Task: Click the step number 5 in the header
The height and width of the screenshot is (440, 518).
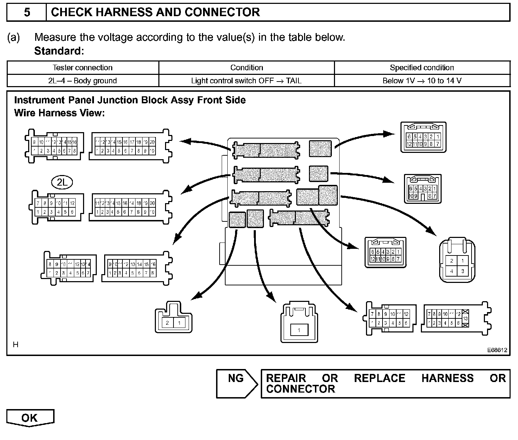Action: point(27,13)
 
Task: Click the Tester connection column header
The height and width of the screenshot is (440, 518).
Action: point(83,67)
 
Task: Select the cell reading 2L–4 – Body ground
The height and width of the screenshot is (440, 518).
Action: point(83,80)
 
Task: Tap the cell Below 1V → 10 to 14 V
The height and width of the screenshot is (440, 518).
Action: point(422,80)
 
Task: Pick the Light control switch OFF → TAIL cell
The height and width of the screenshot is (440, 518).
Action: point(246,80)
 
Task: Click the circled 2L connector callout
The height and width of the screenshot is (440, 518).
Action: point(62,182)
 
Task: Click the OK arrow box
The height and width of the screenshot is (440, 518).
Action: point(30,418)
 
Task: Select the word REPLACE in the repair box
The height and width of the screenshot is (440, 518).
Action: point(380,378)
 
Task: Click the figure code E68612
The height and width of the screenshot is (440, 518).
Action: point(497,350)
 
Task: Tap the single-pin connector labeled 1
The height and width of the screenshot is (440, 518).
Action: point(299,330)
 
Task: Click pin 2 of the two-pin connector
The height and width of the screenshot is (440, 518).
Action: point(168,323)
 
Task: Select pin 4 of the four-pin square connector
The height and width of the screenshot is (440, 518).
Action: point(451,271)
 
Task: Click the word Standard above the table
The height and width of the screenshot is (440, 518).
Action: point(58,51)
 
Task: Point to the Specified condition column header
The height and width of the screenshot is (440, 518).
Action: point(422,67)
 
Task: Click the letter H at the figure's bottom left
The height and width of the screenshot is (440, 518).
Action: point(15,345)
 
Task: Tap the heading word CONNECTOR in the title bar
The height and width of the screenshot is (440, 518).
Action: point(222,13)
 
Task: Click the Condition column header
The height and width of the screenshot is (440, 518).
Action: point(246,67)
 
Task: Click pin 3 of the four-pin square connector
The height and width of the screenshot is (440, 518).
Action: point(462,271)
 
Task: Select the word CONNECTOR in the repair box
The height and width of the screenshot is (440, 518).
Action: point(301,389)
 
